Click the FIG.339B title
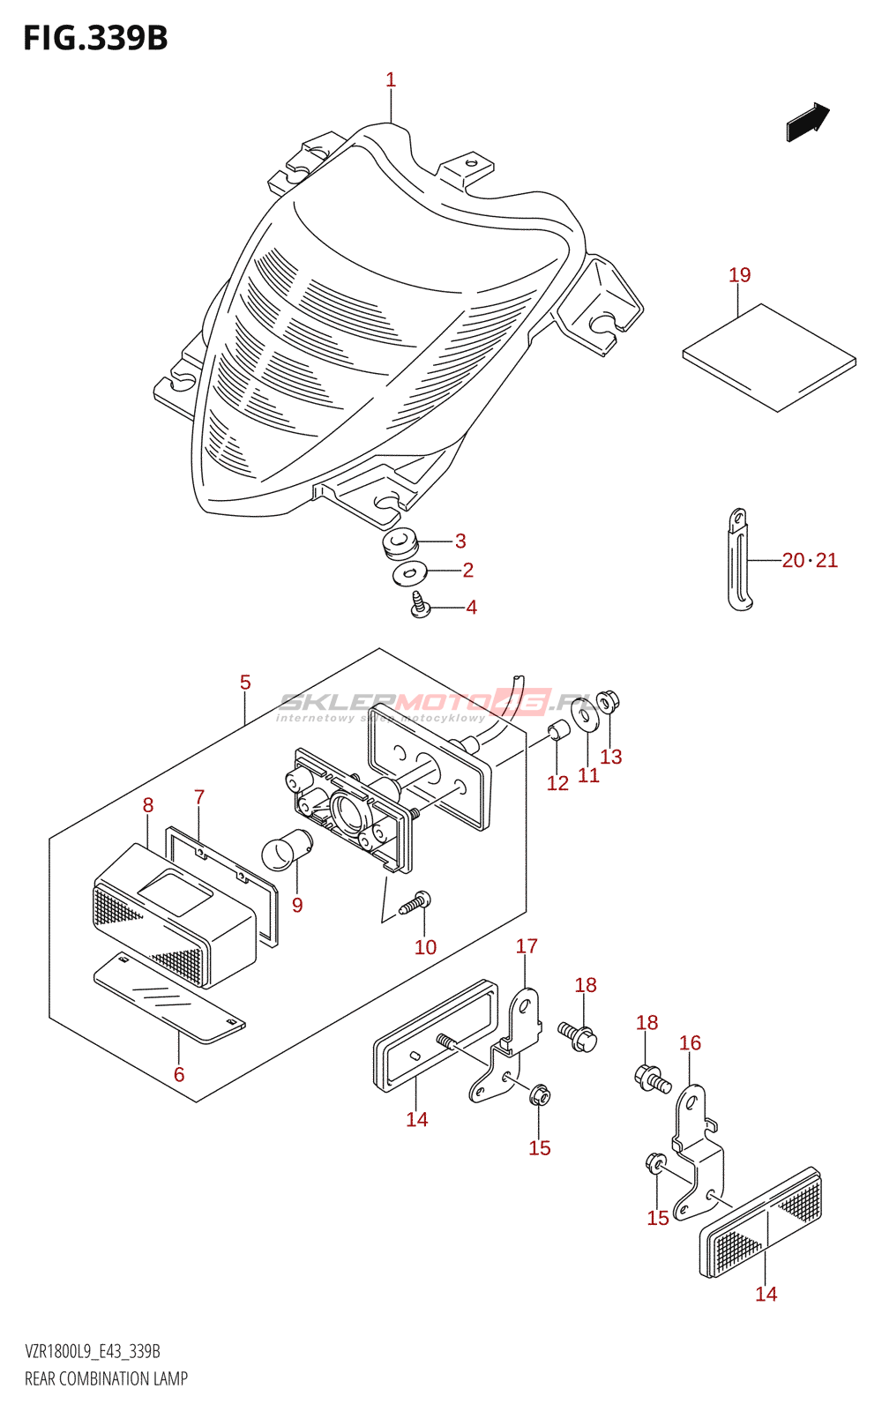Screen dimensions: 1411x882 [95, 38]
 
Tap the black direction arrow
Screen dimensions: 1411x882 [807, 121]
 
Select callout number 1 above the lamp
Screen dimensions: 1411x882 [391, 80]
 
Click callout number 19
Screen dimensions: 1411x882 [739, 275]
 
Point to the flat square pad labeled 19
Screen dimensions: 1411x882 [769, 358]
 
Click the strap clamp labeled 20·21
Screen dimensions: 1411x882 [739, 560]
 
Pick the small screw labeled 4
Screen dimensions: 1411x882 [421, 606]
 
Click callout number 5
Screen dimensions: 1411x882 [245, 683]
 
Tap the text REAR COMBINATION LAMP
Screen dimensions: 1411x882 [106, 1379]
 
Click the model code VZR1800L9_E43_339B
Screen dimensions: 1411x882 [93, 1352]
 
